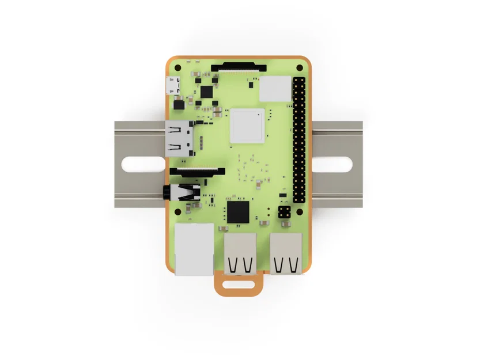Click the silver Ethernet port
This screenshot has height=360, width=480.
pyautogui.click(x=194, y=249)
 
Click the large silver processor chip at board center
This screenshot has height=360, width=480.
pyautogui.click(x=247, y=126)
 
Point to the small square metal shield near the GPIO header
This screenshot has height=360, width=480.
pyautogui.click(x=274, y=88)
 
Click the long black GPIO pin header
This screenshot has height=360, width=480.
pyautogui.click(x=299, y=139)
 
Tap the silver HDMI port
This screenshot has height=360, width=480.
pyautogui.click(x=179, y=139)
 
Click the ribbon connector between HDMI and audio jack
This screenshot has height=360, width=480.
pyautogui.click(x=198, y=171)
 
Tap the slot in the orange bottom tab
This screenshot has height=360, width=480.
pyautogui.click(x=239, y=283)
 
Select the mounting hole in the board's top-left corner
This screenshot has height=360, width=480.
pyautogui.click(x=178, y=67)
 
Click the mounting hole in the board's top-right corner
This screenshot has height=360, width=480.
pyautogui.click(x=299, y=67)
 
